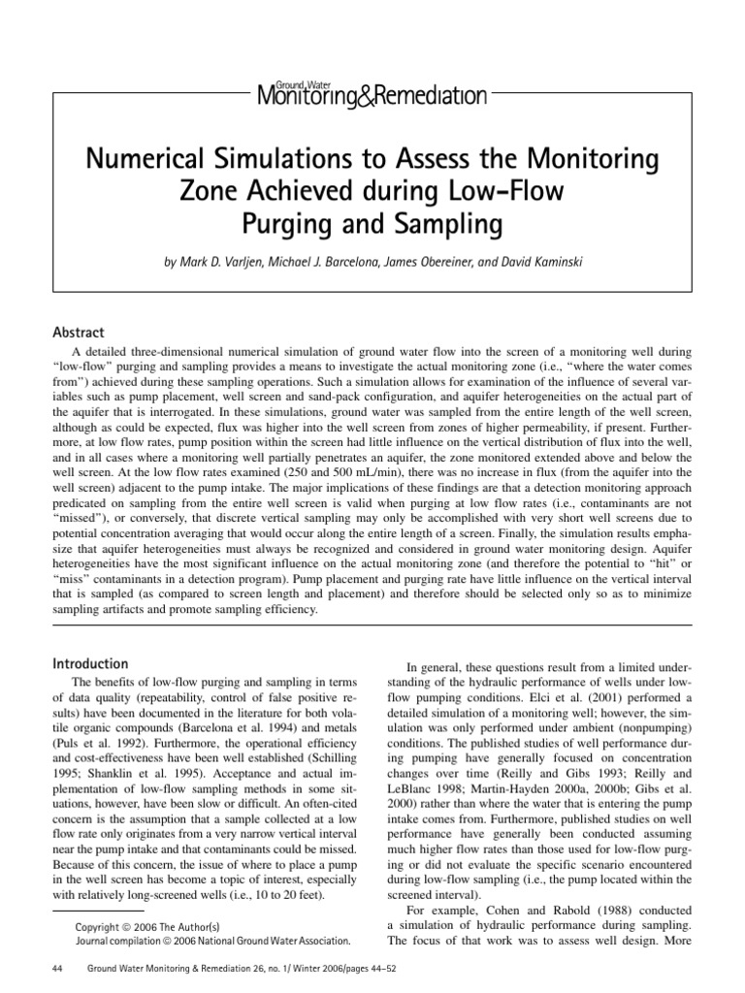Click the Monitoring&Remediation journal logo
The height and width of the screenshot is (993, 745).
(x=372, y=94)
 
